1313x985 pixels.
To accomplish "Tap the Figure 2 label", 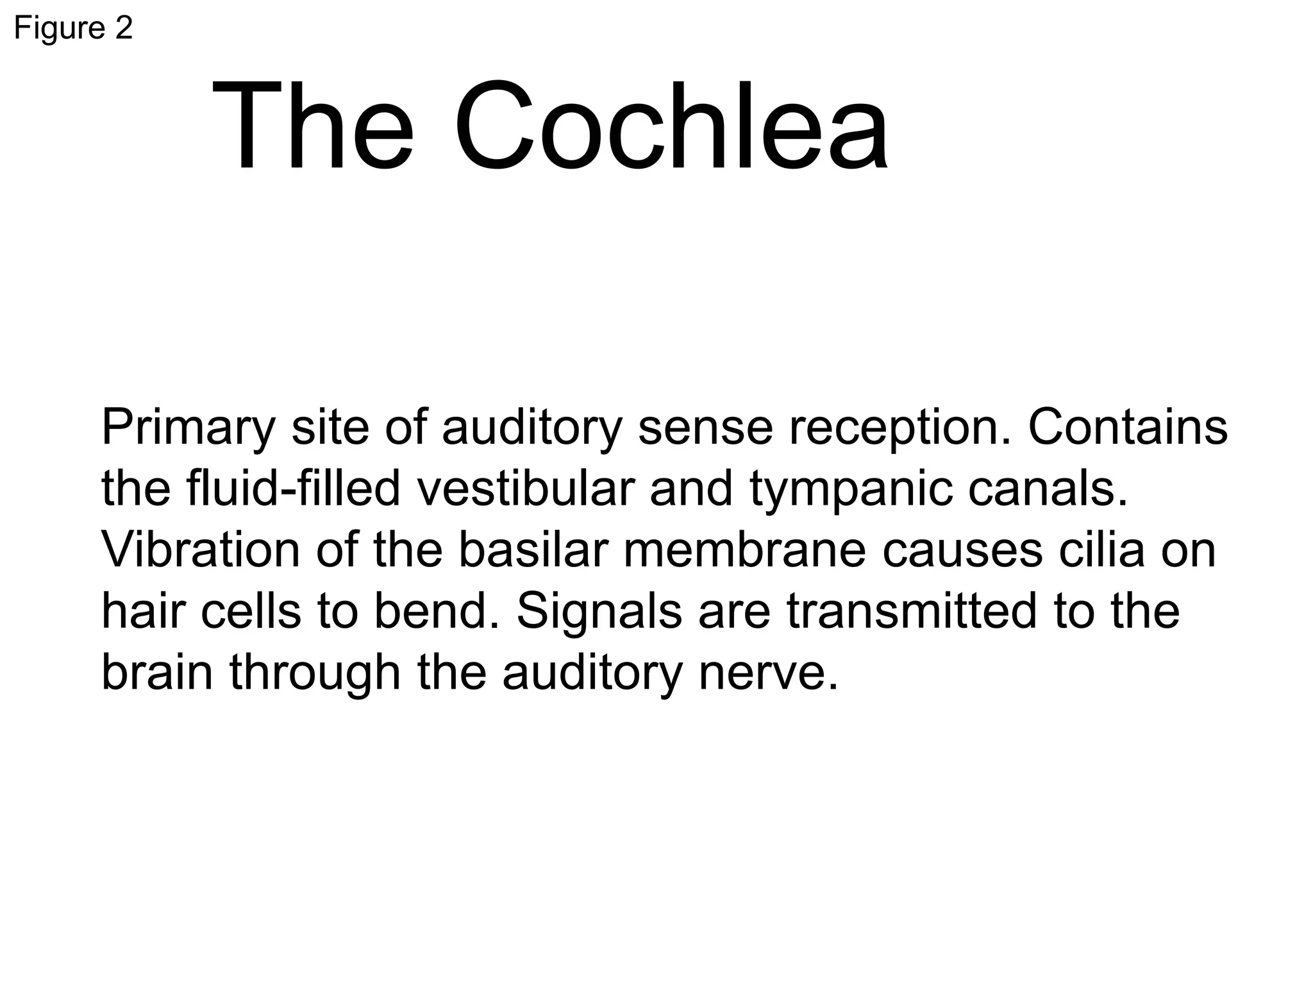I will tap(73, 28).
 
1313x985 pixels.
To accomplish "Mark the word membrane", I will tap(744, 550).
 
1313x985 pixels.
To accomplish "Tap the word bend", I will tap(436, 611).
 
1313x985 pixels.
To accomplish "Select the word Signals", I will tap(599, 611).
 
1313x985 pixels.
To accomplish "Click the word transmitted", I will tap(911, 611).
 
